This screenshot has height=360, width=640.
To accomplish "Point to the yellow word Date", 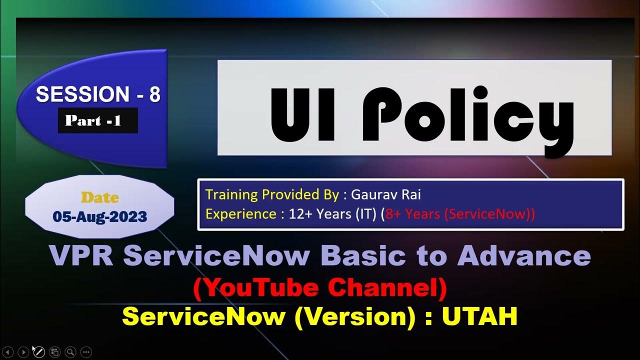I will tap(100, 197).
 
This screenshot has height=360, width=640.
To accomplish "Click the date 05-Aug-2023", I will tap(100, 216).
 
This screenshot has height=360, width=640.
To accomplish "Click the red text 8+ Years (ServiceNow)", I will tap(459, 214).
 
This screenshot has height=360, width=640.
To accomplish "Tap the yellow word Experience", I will tap(241, 214).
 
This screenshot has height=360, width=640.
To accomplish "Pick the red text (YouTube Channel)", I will tap(320, 290).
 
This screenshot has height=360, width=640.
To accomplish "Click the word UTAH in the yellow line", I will tap(479, 316).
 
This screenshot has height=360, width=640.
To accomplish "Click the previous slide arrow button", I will tap(8, 352).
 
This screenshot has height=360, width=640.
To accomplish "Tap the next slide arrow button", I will tap(23, 352).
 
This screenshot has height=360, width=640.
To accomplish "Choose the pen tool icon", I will tap(39, 352).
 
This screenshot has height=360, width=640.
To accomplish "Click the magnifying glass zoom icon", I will tap(70, 352).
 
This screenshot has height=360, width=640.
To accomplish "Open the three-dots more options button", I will tap(86, 352).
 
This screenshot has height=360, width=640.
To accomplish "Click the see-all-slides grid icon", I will tap(55, 352).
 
